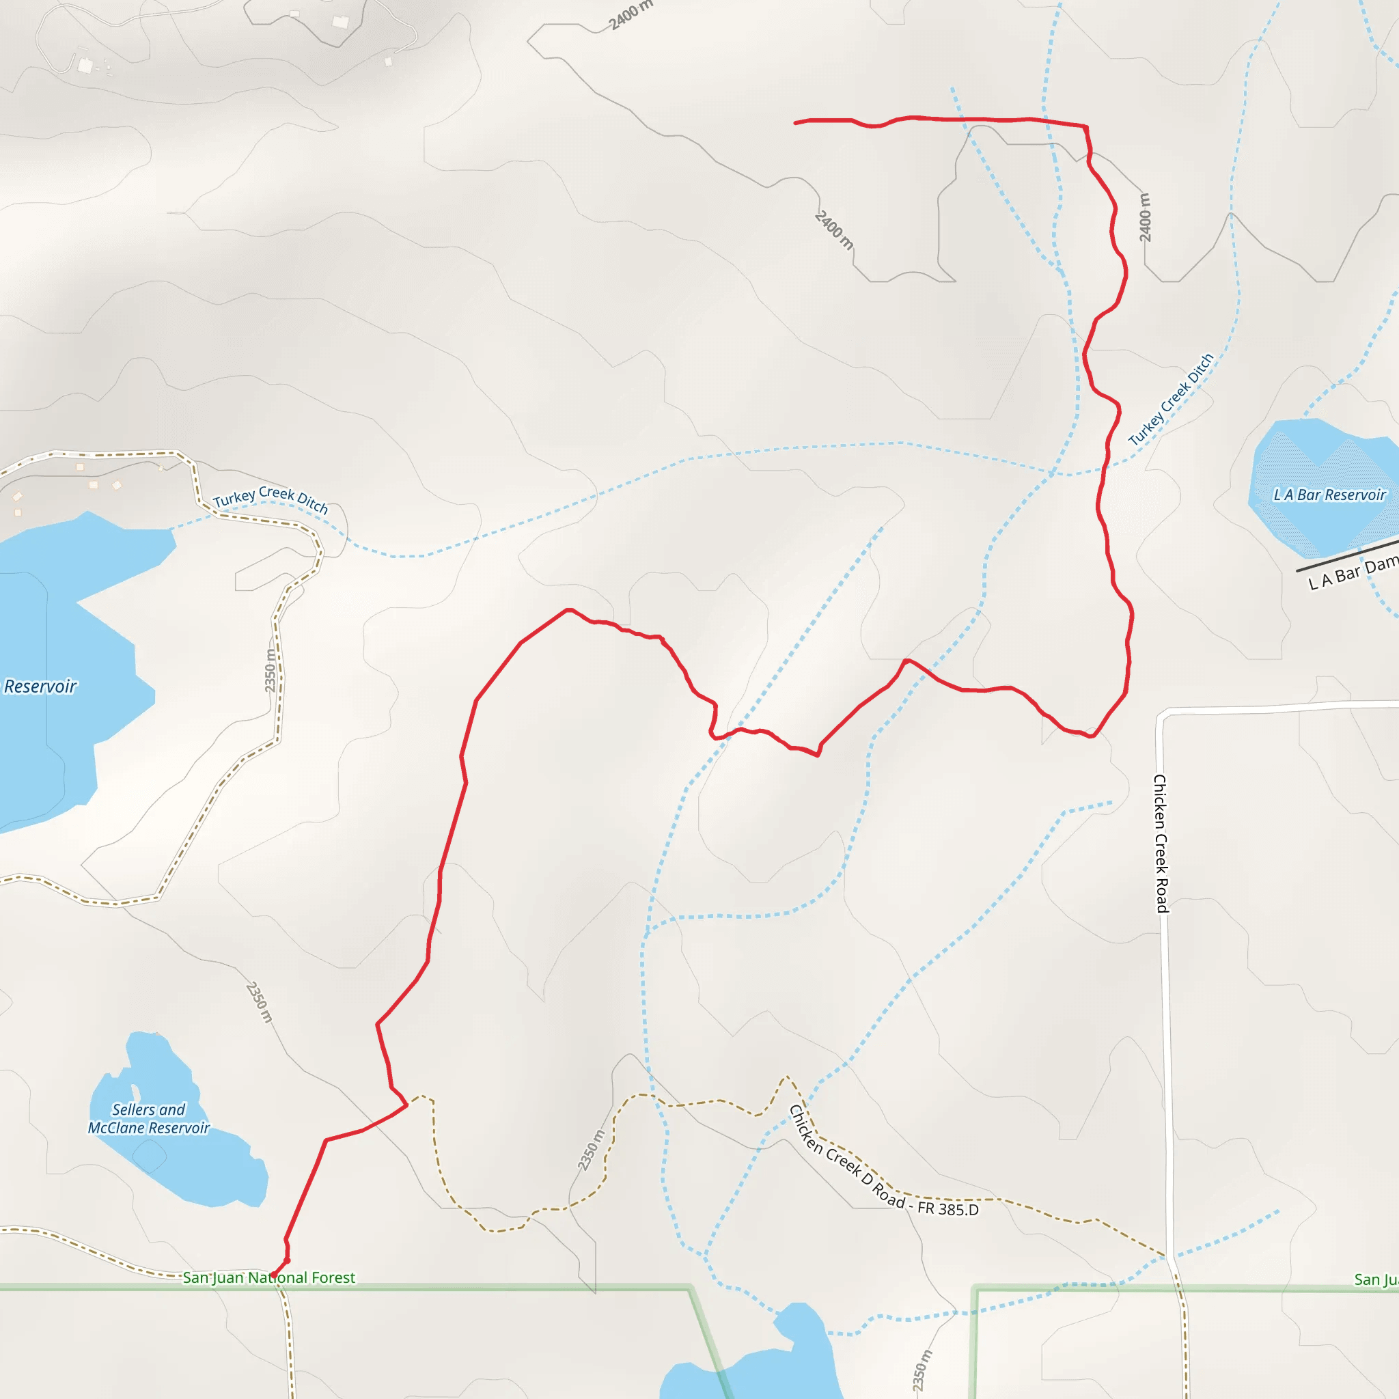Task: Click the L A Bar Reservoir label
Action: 1329,495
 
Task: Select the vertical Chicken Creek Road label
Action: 1160,843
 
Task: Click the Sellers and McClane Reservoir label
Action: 148,1119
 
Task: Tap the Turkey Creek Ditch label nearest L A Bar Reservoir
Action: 1170,399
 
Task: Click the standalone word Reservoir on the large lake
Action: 40,686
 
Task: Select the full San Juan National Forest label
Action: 268,1277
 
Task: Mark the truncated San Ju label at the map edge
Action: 1376,1279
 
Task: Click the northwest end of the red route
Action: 796,123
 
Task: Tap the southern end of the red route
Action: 274,1275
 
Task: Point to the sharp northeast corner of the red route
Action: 1085,127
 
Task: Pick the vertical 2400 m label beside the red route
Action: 1145,217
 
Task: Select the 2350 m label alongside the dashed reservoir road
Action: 270,670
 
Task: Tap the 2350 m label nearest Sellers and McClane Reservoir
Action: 259,1002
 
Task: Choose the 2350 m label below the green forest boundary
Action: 921,1370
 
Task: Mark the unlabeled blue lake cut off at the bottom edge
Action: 753,1361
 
